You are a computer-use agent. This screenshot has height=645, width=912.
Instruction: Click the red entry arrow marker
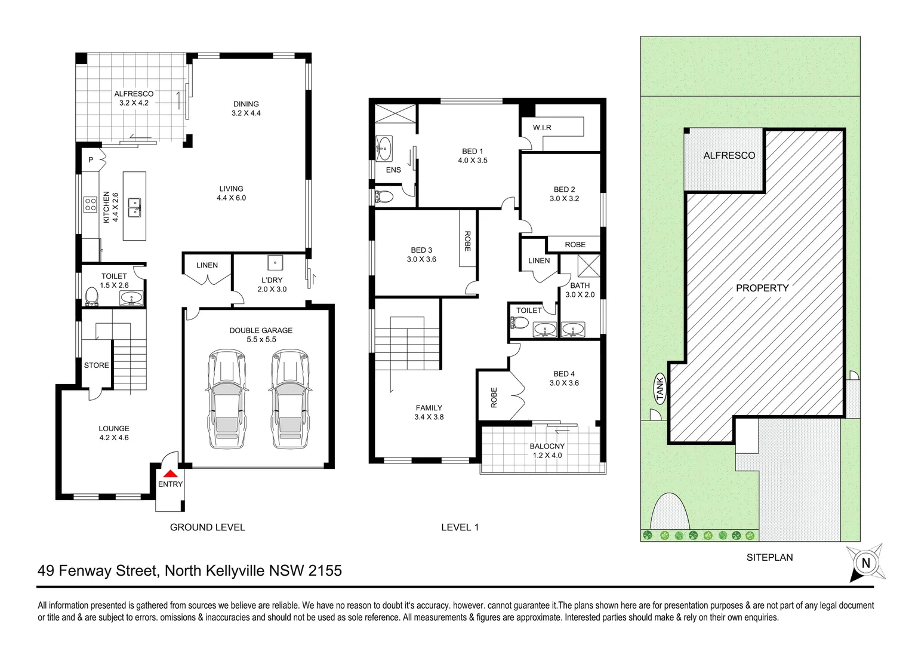pyautogui.click(x=170, y=472)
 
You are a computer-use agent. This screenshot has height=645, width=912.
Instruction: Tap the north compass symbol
pyautogui.click(x=865, y=562)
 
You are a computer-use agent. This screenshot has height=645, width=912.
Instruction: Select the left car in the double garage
pyautogui.click(x=225, y=399)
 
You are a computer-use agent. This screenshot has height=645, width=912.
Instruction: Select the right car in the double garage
pyautogui.click(x=290, y=399)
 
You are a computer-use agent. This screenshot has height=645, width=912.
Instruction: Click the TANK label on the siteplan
pyautogui.click(x=660, y=388)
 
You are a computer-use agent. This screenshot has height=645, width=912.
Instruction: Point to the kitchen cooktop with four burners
pyautogui.click(x=90, y=205)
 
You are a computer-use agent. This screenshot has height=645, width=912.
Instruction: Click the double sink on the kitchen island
pyautogui.click(x=135, y=207)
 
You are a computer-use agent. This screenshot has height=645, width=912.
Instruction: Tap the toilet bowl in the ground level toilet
pyautogui.click(x=92, y=296)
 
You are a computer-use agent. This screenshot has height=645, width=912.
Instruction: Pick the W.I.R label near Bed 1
pyautogui.click(x=542, y=128)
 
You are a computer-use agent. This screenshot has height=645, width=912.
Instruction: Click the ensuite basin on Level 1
pyautogui.click(x=384, y=146)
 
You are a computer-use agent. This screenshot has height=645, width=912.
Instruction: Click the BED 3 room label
pyautogui.click(x=421, y=250)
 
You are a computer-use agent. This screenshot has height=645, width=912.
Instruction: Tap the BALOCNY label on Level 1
pyautogui.click(x=547, y=446)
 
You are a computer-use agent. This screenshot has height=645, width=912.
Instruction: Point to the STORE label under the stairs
pyautogui.click(x=97, y=365)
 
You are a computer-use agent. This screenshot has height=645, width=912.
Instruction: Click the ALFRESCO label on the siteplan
pyautogui.click(x=729, y=155)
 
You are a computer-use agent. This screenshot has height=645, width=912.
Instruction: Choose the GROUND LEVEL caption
pyautogui.click(x=207, y=527)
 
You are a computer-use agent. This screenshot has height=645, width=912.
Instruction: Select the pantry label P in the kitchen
pyautogui.click(x=91, y=159)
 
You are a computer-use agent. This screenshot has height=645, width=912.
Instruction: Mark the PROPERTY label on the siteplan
pyautogui.click(x=762, y=288)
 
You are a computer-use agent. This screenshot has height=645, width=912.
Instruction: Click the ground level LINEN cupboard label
pyautogui.click(x=207, y=265)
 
